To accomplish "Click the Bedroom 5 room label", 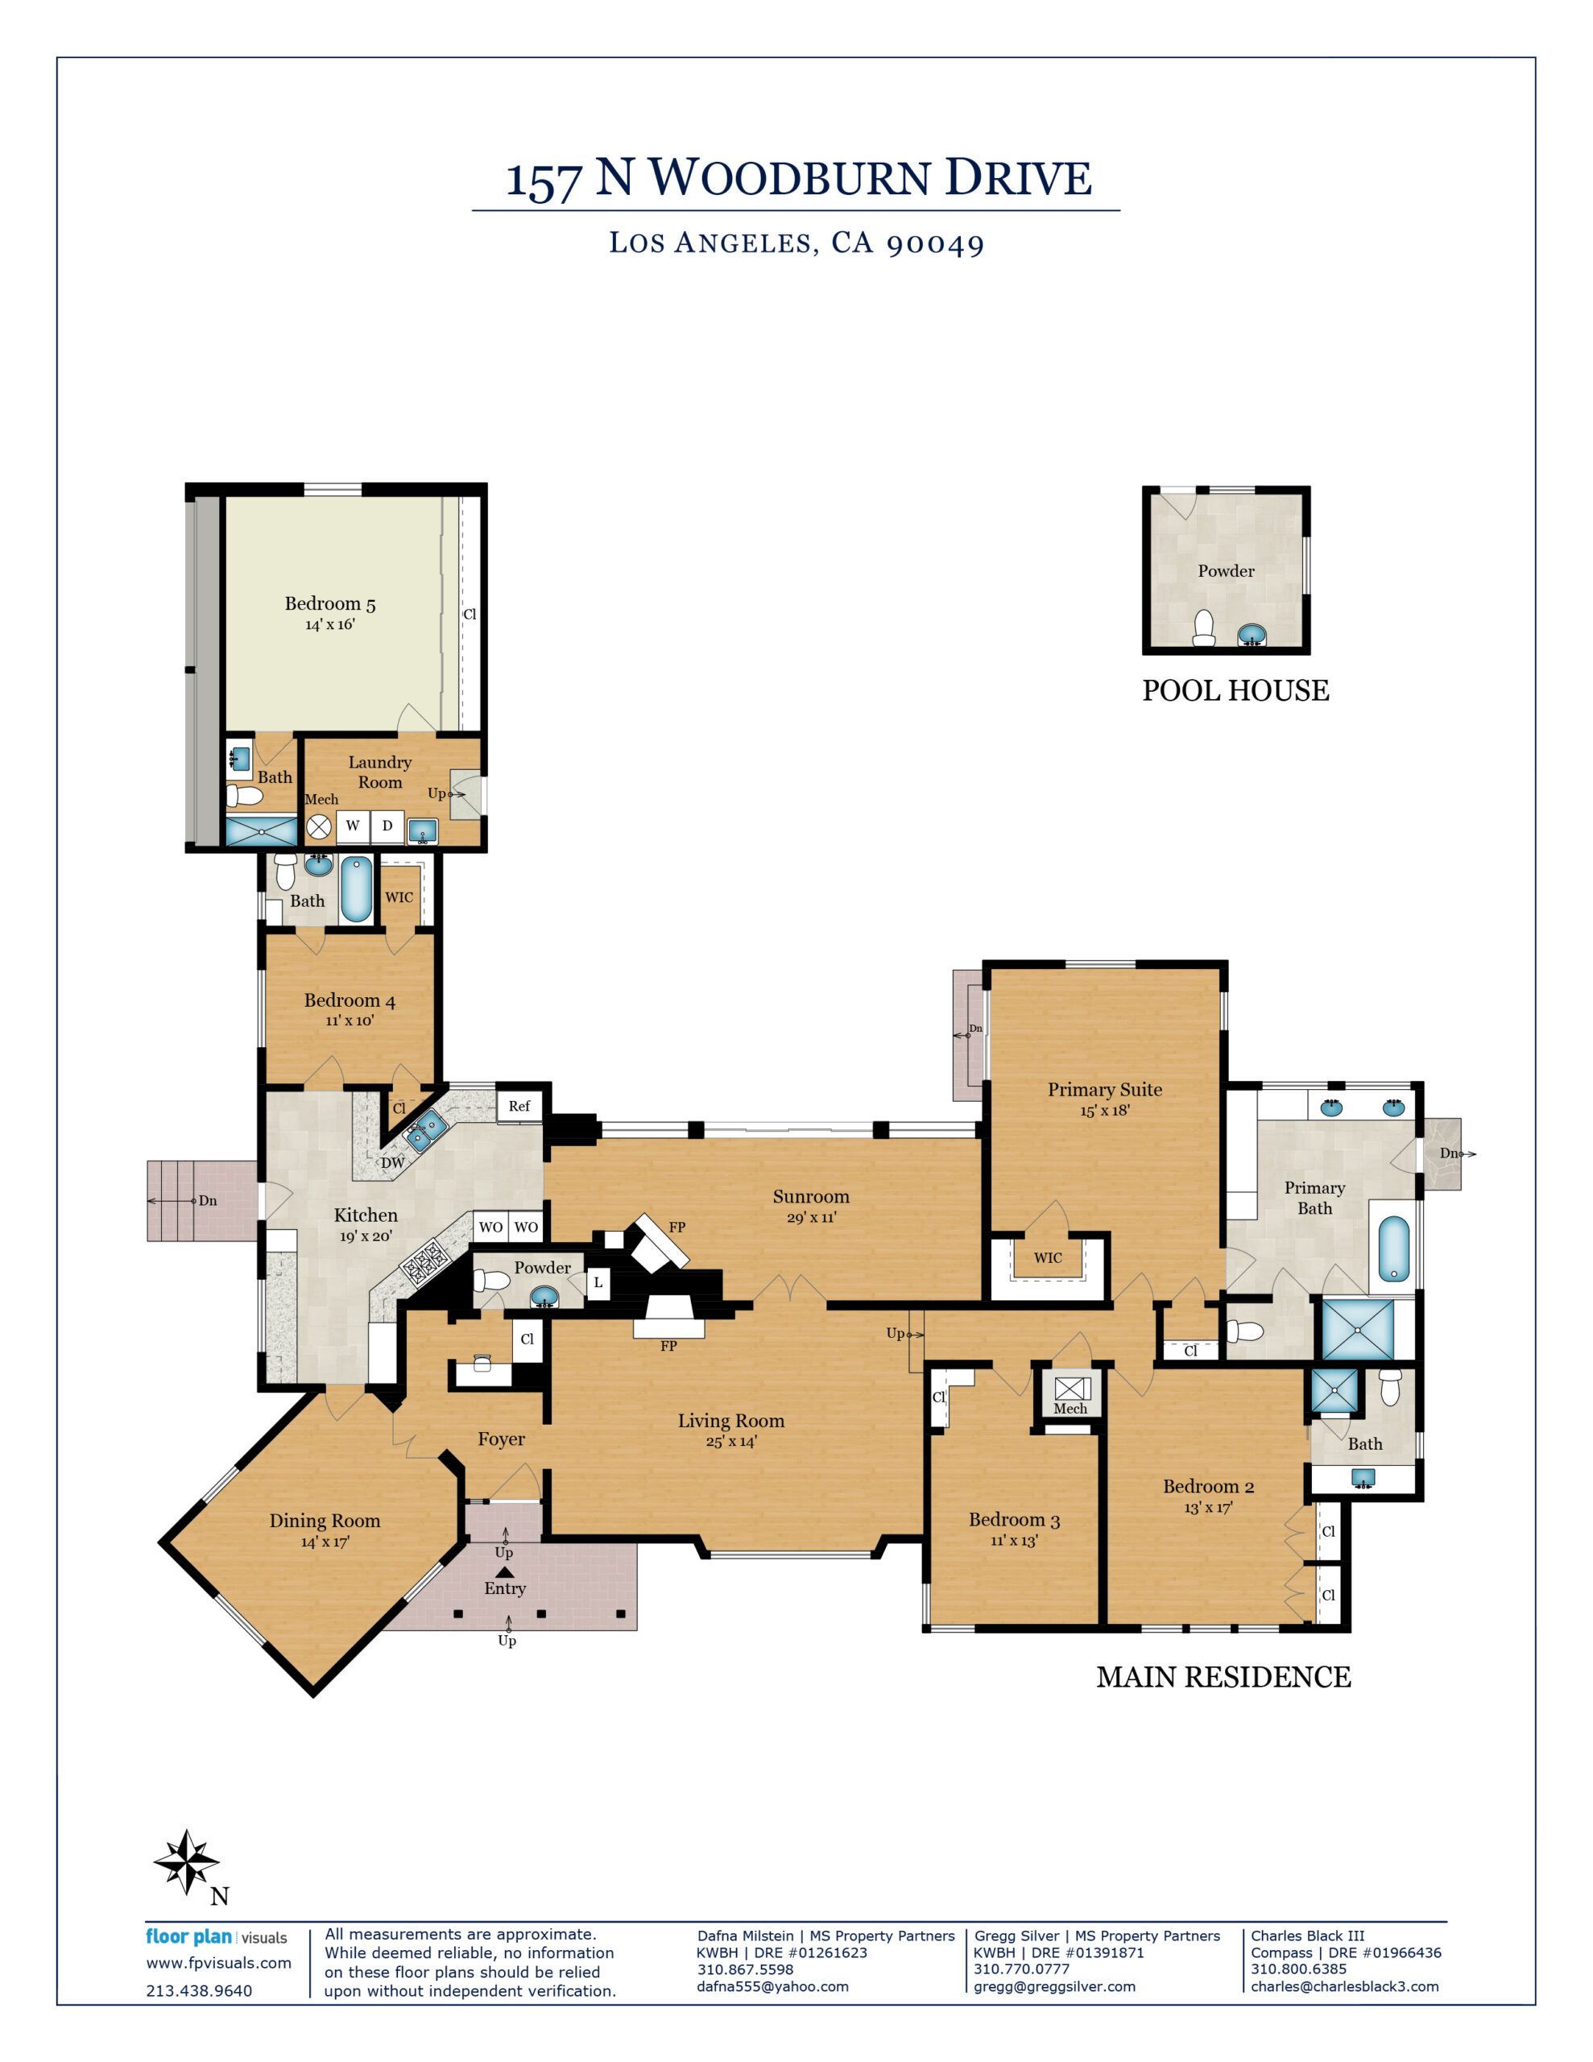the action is point(330,603).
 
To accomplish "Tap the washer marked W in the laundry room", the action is point(352,826).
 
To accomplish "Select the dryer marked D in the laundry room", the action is point(387,826).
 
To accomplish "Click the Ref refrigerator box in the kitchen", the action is point(519,1107).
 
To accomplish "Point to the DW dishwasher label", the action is point(392,1163).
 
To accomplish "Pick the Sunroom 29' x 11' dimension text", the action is point(811,1218).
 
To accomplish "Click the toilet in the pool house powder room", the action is point(1204,629).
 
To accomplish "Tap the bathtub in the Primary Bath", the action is point(1394,1249).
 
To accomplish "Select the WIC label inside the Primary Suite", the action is point(1048,1257).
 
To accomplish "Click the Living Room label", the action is point(731,1421).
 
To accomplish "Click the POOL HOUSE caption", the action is point(1235,691).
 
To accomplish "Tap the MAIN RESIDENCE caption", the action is point(1224,1678).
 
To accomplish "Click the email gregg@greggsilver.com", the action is point(1055,1986).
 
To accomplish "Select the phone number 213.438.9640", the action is point(199,1991).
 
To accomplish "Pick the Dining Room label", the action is point(325,1521).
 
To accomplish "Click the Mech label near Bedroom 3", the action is point(1070,1409).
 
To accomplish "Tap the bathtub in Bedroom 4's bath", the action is point(356,888).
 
